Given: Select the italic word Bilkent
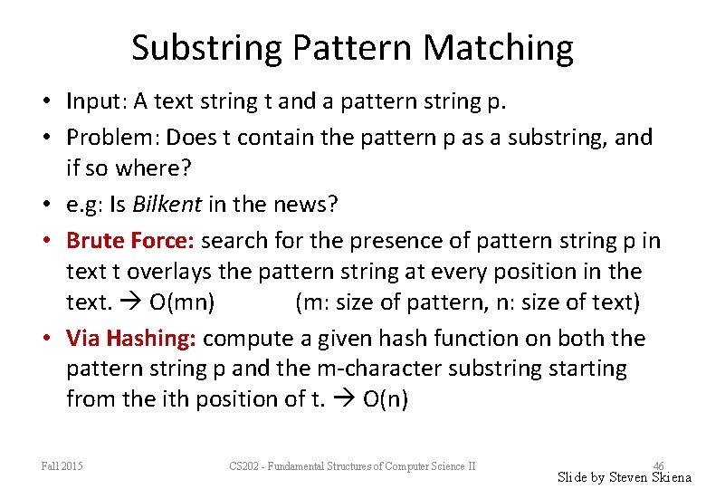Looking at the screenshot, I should coord(167,204).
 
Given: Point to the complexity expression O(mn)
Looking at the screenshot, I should coord(182,302).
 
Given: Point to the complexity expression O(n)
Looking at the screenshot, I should coord(385,399).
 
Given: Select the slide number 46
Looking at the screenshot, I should coord(658,465).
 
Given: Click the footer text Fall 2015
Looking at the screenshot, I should coord(62,466).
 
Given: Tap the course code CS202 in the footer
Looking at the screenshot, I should coord(245,466).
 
